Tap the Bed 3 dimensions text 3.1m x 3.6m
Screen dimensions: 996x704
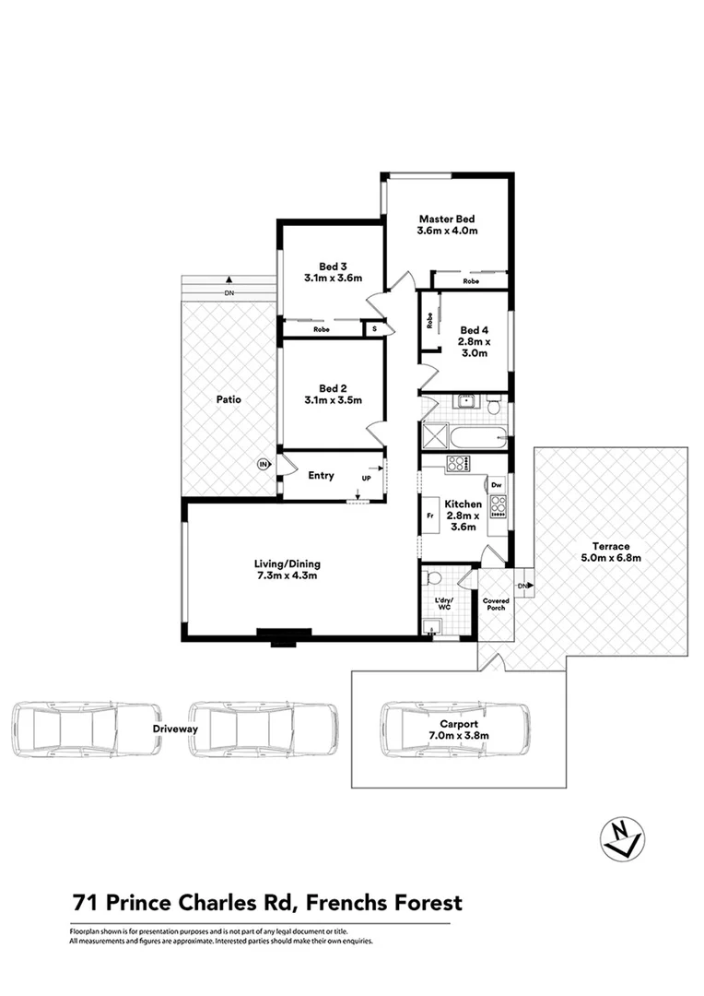pos(333,278)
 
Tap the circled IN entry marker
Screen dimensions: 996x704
pos(264,465)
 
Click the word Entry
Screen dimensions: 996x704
pos(321,476)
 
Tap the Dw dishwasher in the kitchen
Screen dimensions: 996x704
pos(497,484)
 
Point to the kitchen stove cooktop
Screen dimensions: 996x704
pos(498,504)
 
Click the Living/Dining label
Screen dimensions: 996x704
pos(287,563)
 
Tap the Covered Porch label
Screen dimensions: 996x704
pos(496,604)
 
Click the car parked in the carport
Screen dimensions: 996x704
pos(455,730)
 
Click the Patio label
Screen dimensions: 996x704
pos(229,400)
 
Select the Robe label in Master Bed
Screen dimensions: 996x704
pos(470,281)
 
